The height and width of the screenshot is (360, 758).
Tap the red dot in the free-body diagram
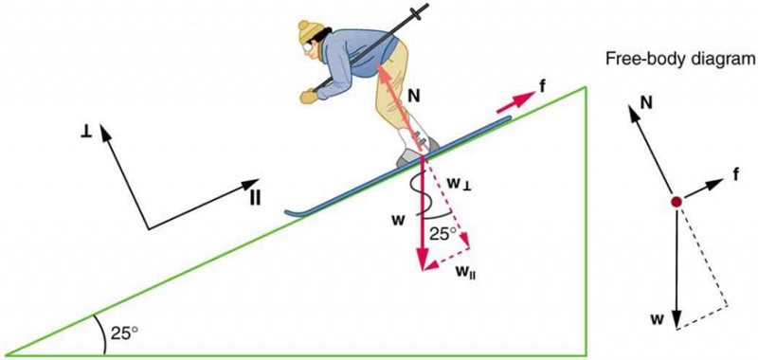676,202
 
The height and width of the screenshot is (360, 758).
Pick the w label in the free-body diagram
654,318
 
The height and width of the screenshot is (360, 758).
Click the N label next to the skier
413,95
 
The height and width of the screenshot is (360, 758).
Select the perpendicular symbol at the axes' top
87,126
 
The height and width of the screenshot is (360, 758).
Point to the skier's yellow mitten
309,95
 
